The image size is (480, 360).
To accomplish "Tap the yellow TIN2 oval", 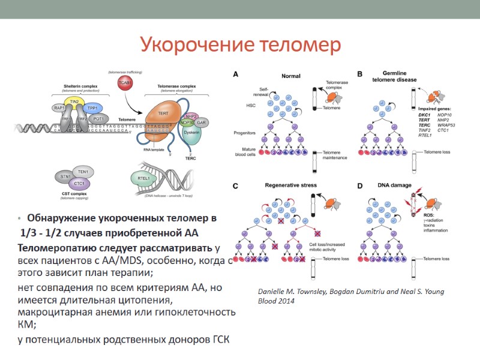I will pos(75,102).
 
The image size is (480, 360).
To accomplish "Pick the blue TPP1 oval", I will pos(92,108).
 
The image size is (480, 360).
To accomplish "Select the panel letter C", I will pos(236,186).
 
